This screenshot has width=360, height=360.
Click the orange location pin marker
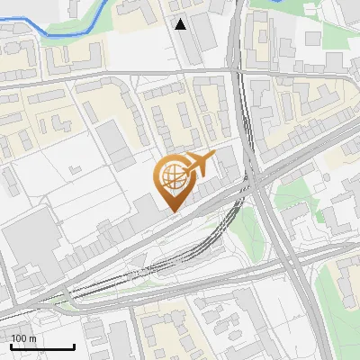[176, 177]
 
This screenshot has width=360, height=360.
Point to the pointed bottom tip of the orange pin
[173, 211]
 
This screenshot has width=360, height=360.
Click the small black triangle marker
[181, 24]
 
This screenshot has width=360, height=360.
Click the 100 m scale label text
[23, 338]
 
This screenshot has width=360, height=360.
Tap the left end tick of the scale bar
[10, 344]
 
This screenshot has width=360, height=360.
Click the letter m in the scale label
[32, 338]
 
